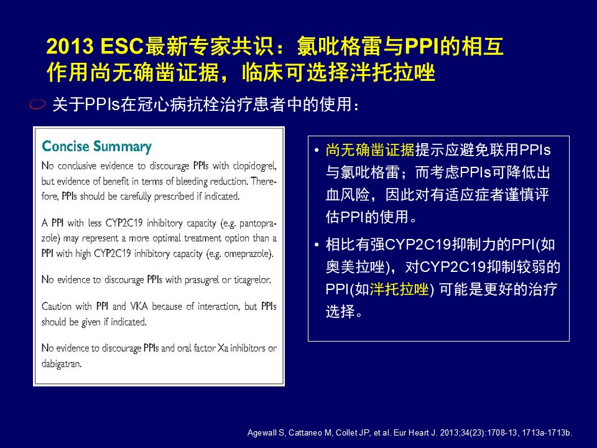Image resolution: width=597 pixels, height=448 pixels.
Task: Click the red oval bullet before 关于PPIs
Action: [x=38, y=104]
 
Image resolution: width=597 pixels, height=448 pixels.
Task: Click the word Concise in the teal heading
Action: [x=65, y=146]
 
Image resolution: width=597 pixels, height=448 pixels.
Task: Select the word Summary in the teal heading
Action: [x=123, y=147]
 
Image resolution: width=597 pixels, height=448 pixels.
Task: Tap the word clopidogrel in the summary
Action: [x=254, y=166]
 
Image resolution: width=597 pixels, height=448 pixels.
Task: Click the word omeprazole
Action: [x=248, y=254]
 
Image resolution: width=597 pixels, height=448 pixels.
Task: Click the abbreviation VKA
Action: [x=139, y=306]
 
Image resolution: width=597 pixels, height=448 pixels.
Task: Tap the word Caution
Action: [x=57, y=306]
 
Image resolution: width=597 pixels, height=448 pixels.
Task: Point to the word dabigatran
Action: [x=62, y=364]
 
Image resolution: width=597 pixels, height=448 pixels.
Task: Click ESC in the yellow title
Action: [x=121, y=47]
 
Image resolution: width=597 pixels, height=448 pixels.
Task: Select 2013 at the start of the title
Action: [x=70, y=47]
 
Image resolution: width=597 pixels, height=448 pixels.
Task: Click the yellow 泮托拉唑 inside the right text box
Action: [x=399, y=289]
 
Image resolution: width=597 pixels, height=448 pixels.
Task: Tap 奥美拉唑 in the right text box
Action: [x=355, y=267]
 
